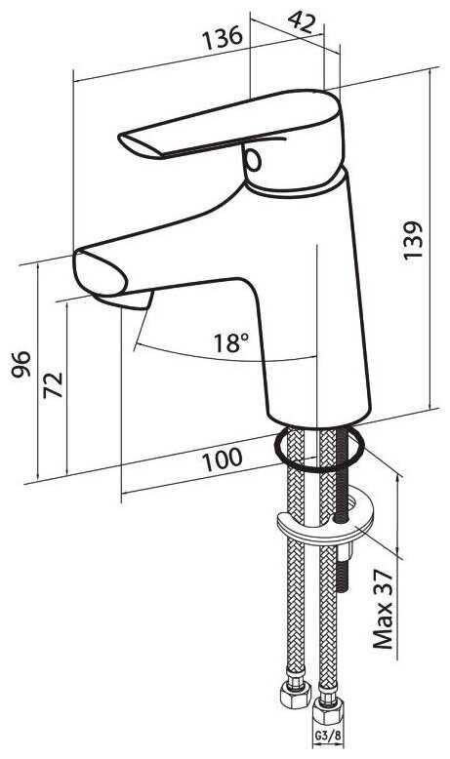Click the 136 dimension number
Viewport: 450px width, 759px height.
point(222,39)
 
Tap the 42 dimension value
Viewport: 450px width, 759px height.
point(302,20)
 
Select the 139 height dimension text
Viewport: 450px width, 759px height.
point(414,241)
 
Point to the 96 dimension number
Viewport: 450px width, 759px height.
point(21,364)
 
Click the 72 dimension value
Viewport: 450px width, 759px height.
point(53,384)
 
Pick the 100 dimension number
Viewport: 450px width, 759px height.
point(222,459)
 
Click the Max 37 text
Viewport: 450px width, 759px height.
point(384,609)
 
